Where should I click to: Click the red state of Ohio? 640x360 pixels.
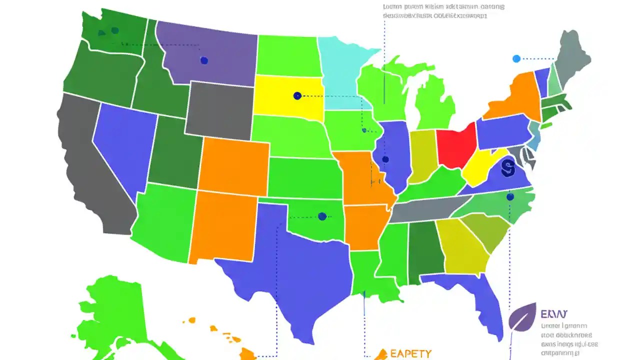pos(455,145)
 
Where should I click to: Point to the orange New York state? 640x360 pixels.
pos(515,97)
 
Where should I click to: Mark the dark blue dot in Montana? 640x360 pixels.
pos(204,60)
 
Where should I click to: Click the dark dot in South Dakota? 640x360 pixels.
pos(297,95)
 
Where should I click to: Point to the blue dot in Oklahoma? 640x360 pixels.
pos(322,216)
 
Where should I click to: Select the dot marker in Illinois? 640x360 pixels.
pos(385,159)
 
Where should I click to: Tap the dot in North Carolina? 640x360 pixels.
pos(510,197)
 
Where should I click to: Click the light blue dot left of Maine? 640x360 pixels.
pos(516,59)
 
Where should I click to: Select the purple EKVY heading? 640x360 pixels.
pos(554,314)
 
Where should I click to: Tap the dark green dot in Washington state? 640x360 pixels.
pos(115,30)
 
